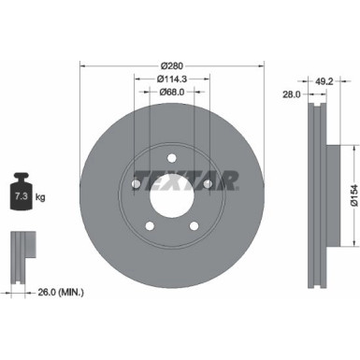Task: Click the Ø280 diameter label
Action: tap(170, 65)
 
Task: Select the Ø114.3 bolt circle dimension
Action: tap(170, 79)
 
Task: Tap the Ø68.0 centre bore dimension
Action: tap(170, 92)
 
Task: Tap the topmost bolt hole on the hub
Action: tap(171, 161)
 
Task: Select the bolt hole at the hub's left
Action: tap(137, 187)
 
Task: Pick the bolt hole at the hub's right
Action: tap(206, 187)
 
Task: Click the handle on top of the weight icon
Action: tap(20, 174)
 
